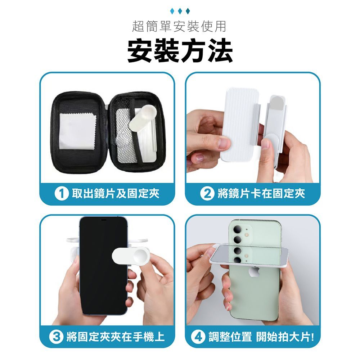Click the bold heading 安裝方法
coord(180,51)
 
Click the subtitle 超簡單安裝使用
coord(179,26)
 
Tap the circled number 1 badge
coord(62,194)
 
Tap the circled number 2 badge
coord(207,194)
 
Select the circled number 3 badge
coord(56,337)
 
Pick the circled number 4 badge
coord(198,337)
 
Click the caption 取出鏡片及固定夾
coord(116,194)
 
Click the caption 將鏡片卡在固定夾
coord(261,194)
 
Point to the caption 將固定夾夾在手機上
coord(116,337)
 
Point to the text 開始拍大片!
coord(285,337)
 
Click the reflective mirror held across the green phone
coord(249,255)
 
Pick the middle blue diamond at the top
coord(180,11)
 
